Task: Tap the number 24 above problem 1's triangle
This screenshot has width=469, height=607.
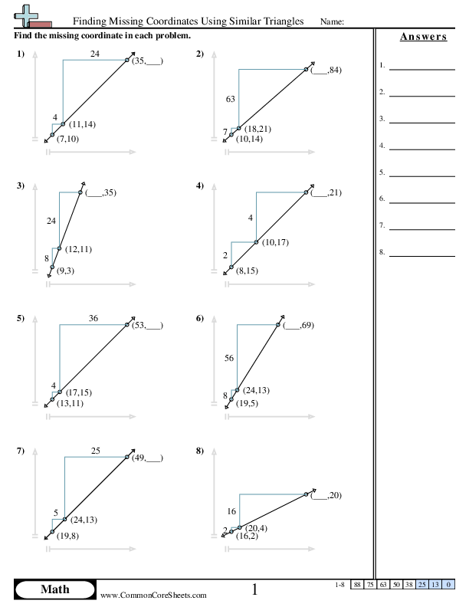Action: [x=94, y=54]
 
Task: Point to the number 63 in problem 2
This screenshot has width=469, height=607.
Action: [x=230, y=100]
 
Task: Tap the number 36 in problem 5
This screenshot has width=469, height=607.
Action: [x=94, y=318]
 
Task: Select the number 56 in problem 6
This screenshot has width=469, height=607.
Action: [x=229, y=358]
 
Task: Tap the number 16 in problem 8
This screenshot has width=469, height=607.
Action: [x=231, y=510]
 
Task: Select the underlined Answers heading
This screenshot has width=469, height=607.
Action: [x=423, y=37]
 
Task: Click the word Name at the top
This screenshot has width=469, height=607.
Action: [x=331, y=21]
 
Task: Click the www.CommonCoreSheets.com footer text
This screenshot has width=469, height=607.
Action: [x=153, y=595]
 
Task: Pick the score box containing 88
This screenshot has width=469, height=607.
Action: [x=357, y=585]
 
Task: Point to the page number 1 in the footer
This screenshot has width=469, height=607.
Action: [x=254, y=589]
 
